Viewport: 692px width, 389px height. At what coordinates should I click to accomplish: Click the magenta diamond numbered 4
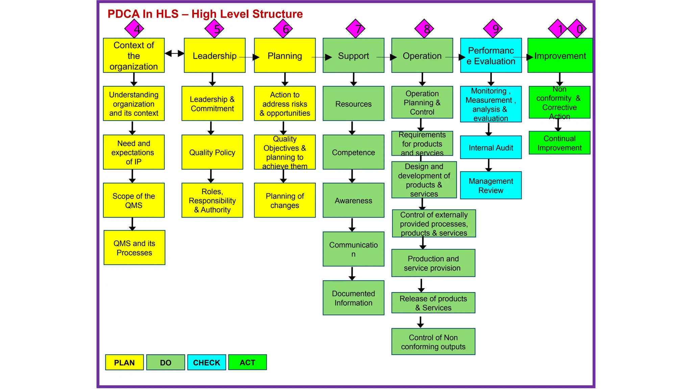pyautogui.click(x=134, y=29)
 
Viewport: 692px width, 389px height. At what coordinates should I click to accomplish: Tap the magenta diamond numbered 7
pyautogui.click(x=356, y=29)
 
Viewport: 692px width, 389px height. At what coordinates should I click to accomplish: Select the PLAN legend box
pyautogui.click(x=124, y=362)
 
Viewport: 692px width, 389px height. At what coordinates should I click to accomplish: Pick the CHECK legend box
pyautogui.click(x=206, y=362)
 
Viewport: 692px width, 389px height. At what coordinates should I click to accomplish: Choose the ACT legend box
pyautogui.click(x=247, y=362)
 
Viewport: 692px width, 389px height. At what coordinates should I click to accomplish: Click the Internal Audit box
pyautogui.click(x=491, y=148)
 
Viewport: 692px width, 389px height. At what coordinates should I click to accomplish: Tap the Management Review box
pyautogui.click(x=491, y=185)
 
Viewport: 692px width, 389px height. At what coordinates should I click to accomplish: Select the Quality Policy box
pyautogui.click(x=212, y=152)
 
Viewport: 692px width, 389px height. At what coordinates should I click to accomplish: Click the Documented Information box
pyautogui.click(x=353, y=298)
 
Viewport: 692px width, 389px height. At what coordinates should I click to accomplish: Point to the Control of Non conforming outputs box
pyautogui.click(x=433, y=342)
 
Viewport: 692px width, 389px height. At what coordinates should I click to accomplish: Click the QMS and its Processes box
pyautogui.click(x=134, y=248)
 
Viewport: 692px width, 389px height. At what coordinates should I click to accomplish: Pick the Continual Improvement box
pyautogui.click(x=560, y=143)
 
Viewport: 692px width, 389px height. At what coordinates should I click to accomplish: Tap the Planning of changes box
pyautogui.click(x=285, y=200)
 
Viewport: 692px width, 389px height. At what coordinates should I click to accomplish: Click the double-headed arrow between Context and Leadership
pyautogui.click(x=174, y=53)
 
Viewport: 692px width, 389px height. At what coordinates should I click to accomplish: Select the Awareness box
pyautogui.click(x=353, y=200)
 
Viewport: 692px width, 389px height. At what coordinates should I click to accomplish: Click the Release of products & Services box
pyautogui.click(x=433, y=303)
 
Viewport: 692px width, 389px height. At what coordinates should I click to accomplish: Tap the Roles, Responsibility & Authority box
pyautogui.click(x=212, y=200)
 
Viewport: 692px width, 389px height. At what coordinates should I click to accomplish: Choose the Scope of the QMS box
pyautogui.click(x=134, y=200)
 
